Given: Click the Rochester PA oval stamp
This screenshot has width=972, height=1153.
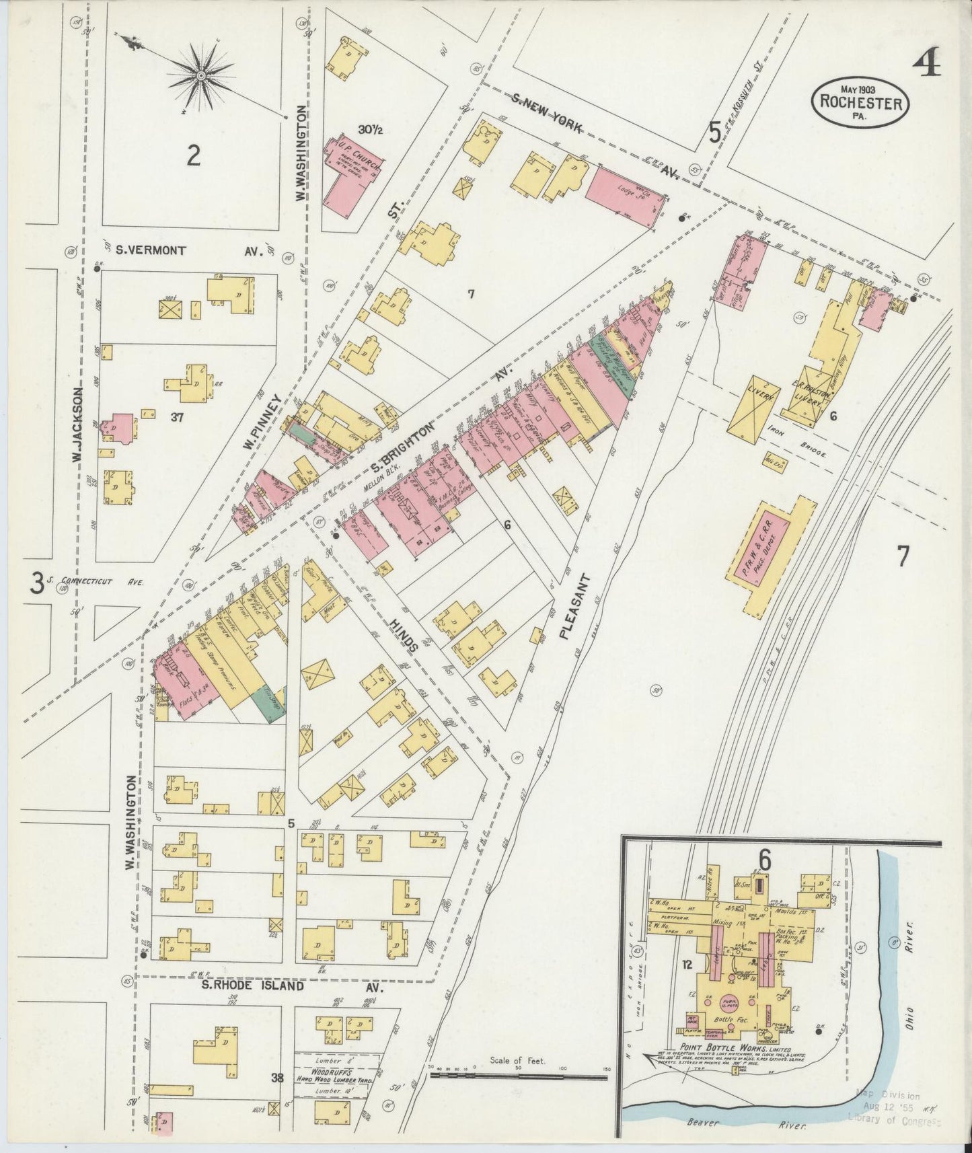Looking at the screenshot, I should coord(860,102).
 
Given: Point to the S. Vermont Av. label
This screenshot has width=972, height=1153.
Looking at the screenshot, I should coord(188,250).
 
